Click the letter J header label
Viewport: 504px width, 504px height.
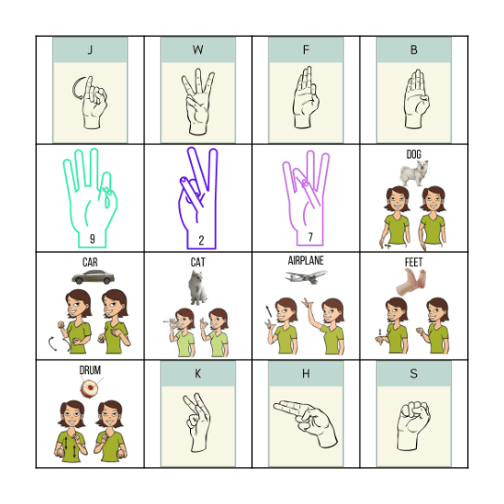pos(90,50)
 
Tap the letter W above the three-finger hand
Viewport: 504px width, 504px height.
pos(197,50)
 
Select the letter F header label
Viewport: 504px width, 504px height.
pos(306,50)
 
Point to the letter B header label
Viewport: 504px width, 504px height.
pos(413,50)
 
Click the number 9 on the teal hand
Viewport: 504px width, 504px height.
pos(92,238)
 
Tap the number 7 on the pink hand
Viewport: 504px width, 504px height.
pos(310,238)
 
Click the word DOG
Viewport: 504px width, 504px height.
pos(413,154)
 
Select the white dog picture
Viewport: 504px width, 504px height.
pos(413,173)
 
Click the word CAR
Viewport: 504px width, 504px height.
pos(90,262)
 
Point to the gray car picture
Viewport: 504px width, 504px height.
pos(91,277)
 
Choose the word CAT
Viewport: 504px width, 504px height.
pos(197,262)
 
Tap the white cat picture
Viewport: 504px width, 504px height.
pos(196,288)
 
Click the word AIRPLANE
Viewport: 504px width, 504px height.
pos(306,261)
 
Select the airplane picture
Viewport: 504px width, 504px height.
pos(305,276)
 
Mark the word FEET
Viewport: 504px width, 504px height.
pos(413,262)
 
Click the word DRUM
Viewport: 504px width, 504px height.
pos(90,370)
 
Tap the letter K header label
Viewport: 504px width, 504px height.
pos(197,373)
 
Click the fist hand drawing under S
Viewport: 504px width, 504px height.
pos(414,422)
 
